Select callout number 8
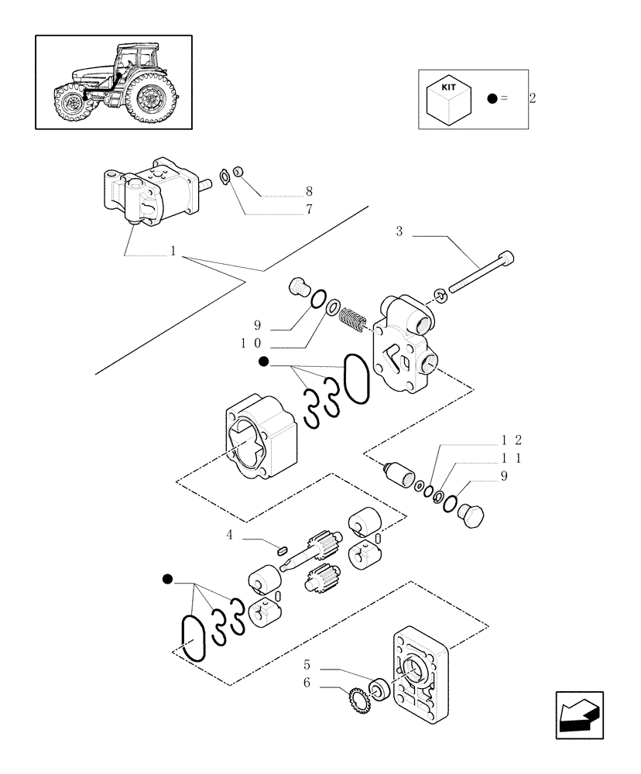click(x=308, y=191)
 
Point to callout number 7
click(x=308, y=209)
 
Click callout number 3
click(x=399, y=232)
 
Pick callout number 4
click(x=229, y=535)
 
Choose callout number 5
click(x=307, y=665)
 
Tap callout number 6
click(x=307, y=683)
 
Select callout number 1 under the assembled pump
click(x=173, y=252)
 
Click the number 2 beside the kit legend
click(x=532, y=99)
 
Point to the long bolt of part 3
click(x=481, y=274)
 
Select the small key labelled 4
click(x=283, y=550)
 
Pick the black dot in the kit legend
click(x=492, y=98)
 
